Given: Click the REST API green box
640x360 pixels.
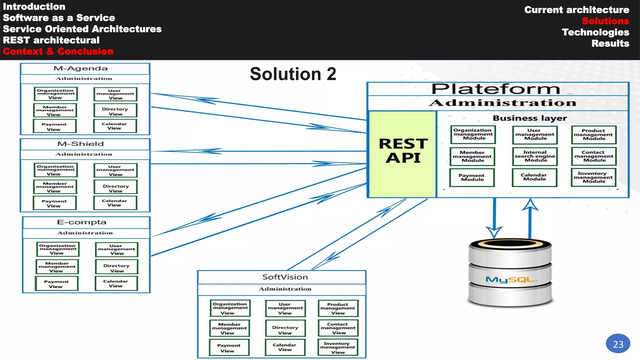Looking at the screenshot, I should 403,154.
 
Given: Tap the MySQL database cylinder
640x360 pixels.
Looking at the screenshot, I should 510,273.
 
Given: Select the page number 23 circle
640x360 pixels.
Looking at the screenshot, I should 618,344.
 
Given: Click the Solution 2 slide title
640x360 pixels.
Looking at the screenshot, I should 293,74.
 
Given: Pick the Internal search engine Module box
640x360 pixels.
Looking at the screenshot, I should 535,156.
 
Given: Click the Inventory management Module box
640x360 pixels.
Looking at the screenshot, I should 593,177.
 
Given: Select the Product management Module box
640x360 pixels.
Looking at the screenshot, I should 593,135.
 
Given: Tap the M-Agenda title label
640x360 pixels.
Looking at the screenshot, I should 81,68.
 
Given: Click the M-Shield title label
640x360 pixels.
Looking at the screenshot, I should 81,144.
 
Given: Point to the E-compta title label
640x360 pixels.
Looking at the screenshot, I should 82,222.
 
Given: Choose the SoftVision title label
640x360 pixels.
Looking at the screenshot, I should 285,277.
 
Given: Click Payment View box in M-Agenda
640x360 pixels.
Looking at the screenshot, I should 54,126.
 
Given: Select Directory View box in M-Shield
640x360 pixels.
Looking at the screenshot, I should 115,188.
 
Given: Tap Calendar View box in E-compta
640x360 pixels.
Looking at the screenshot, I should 116,283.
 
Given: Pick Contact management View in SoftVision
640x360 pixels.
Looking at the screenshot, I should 338,328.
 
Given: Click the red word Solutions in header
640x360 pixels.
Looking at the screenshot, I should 605,21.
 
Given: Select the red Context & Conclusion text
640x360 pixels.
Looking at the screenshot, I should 58,51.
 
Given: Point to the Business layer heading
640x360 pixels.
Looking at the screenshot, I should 530,118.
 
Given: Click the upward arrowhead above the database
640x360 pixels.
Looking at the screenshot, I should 530,204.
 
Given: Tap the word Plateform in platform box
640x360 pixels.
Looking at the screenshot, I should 496,89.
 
